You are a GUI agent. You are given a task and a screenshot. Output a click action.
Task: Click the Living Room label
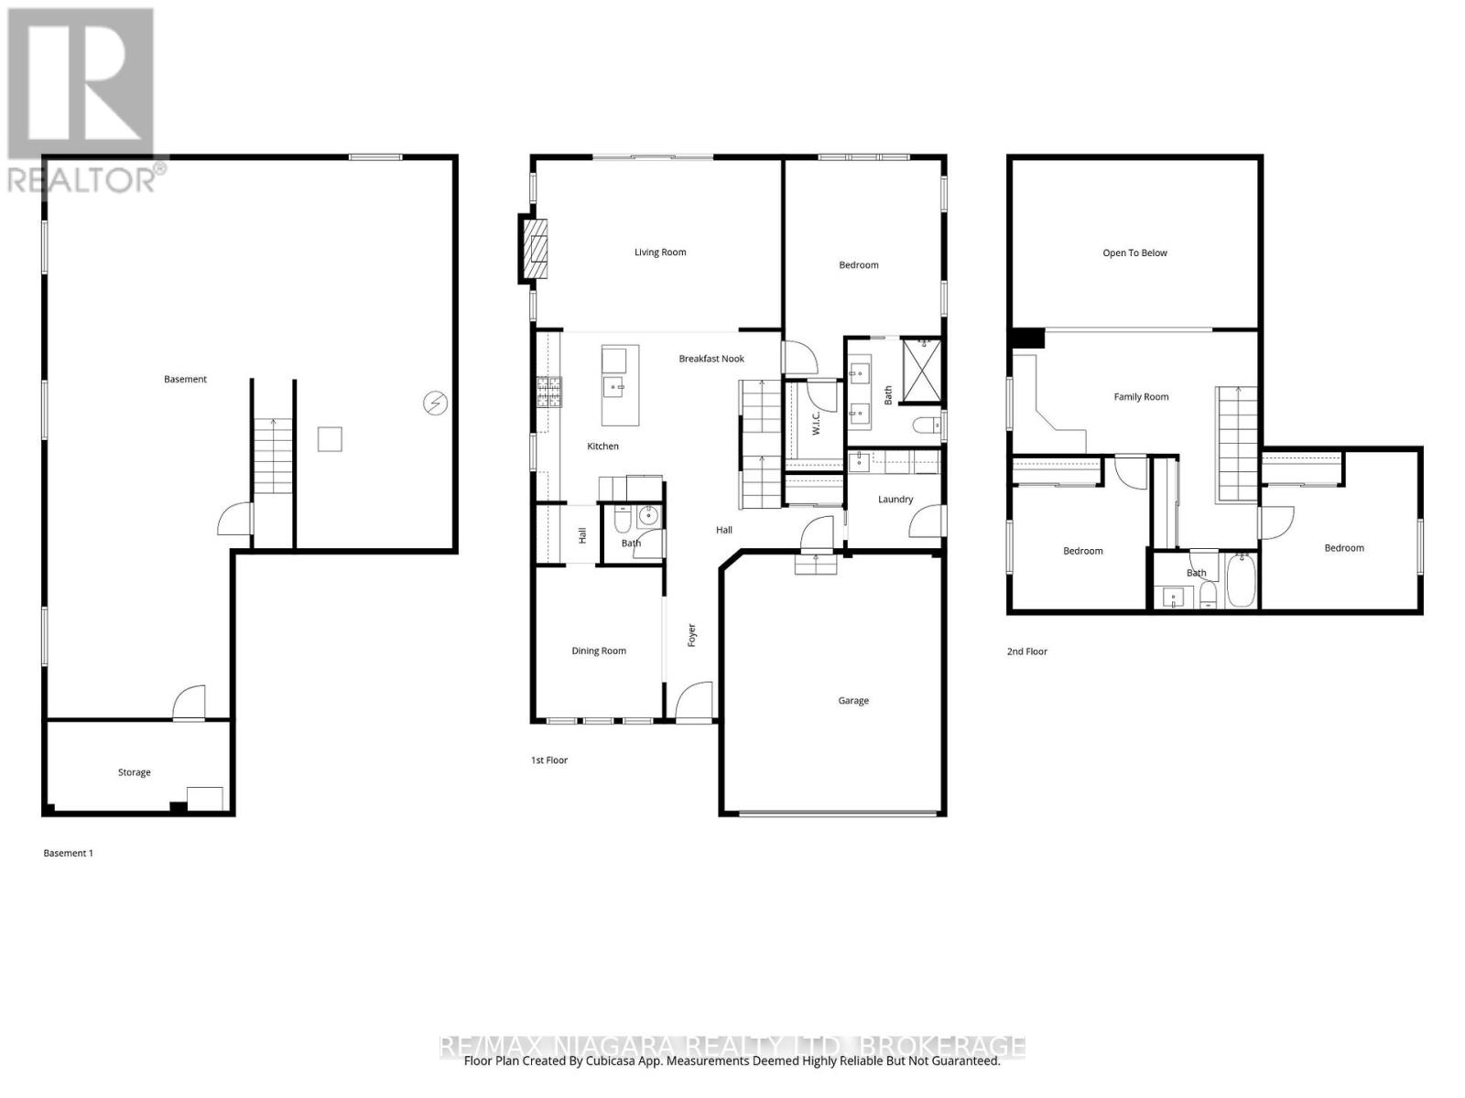[660, 253]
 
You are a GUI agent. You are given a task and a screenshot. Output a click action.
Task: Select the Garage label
[852, 701]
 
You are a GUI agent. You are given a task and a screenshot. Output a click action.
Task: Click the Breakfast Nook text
[711, 359]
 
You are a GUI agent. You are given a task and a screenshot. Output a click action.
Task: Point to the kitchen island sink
[614, 387]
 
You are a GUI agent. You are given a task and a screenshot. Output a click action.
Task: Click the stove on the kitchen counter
[549, 392]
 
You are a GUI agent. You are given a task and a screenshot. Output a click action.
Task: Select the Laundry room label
[895, 500]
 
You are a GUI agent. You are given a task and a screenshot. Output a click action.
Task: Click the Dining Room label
[599, 651]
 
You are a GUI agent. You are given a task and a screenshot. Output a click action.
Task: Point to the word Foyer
[692, 635]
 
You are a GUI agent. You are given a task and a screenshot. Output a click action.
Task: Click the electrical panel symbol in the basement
[435, 402]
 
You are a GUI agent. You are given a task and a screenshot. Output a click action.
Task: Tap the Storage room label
[134, 772]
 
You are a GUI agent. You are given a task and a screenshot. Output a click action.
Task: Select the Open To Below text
[1134, 253]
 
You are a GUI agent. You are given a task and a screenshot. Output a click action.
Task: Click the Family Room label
[1141, 397]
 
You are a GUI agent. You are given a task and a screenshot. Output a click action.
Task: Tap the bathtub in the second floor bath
[1242, 580]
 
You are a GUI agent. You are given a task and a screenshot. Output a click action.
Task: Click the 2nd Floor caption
[1026, 651]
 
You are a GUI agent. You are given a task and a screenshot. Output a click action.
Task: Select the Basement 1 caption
[69, 853]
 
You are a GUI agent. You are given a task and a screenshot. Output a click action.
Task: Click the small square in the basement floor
[330, 439]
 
